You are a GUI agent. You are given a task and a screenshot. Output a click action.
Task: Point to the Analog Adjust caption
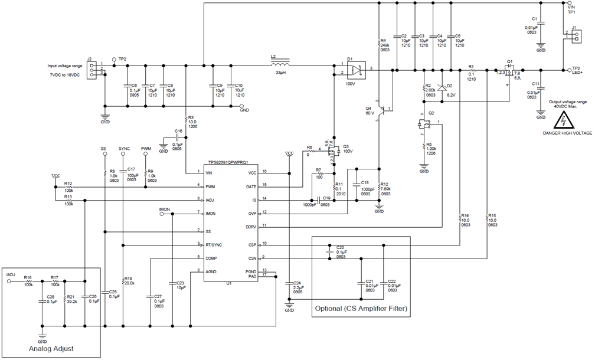(51, 349)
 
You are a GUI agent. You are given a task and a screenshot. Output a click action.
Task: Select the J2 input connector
(91, 70)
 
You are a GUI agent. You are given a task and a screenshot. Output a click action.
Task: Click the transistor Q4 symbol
(384, 110)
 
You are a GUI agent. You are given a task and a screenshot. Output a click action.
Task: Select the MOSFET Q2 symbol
(424, 124)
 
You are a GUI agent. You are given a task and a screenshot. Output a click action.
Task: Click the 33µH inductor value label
(282, 73)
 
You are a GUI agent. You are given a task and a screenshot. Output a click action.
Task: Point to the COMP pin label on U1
(211, 258)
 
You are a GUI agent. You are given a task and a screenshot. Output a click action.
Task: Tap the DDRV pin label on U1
(250, 227)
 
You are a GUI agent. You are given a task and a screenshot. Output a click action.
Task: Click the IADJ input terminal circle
(9, 282)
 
